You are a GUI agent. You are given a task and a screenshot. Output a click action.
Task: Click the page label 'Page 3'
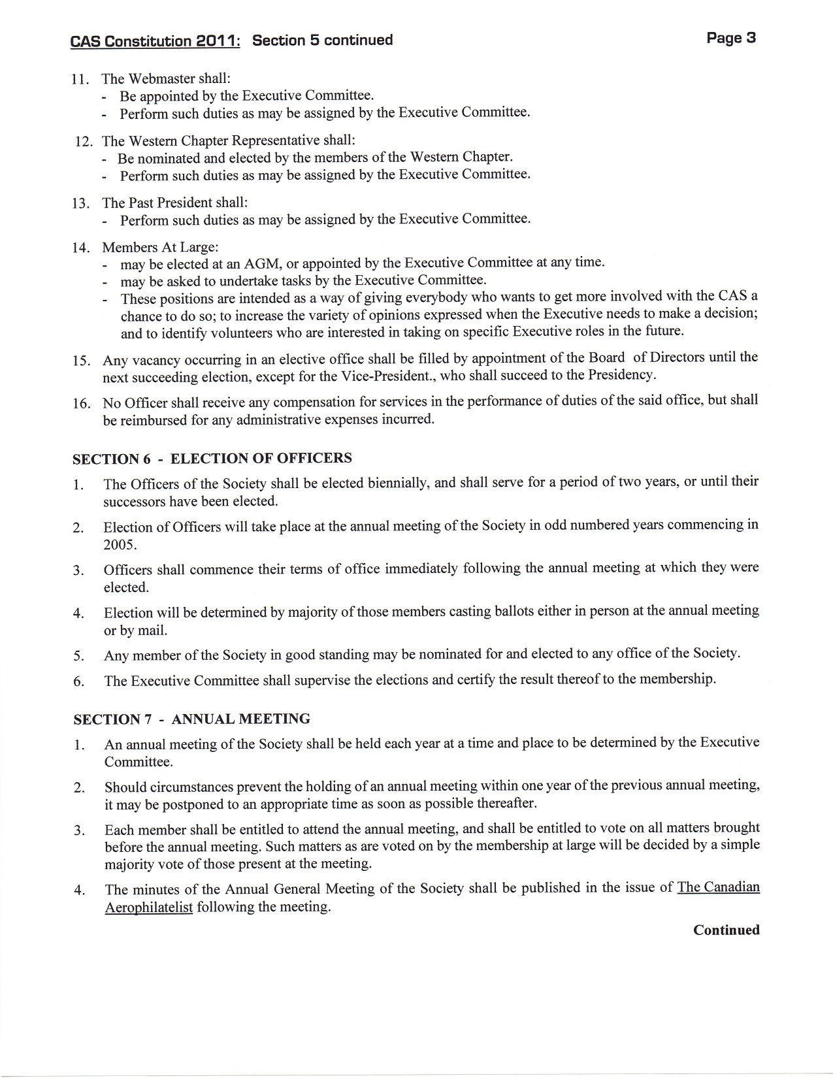730,38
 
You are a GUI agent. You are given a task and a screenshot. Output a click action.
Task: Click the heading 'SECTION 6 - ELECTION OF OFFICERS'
212,459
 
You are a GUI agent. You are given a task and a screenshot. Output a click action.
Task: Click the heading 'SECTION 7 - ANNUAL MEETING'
191,719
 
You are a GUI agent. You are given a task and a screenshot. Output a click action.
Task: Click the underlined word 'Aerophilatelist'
148,907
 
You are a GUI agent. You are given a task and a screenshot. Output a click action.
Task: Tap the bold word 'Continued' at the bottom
726,930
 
